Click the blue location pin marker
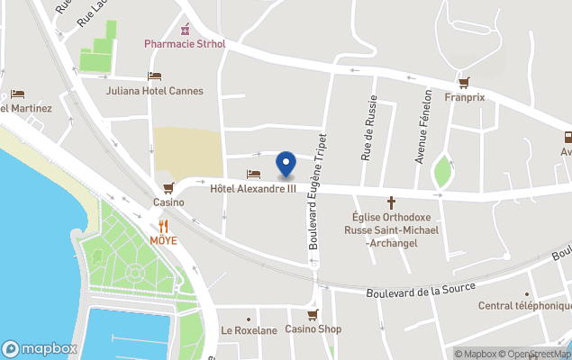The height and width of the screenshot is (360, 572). (286, 164)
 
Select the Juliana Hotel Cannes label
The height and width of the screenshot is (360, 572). (155, 91)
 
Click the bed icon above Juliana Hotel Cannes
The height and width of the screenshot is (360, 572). (155, 76)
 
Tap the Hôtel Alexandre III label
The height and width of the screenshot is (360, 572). (253, 189)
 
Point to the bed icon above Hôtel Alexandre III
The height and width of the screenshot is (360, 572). (253, 174)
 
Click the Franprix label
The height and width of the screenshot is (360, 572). (465, 97)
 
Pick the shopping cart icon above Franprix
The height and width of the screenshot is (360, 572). (464, 82)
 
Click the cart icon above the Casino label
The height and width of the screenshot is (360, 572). (168, 187)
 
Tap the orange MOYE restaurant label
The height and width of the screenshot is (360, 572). (163, 241)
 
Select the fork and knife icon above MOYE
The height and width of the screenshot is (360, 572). (163, 226)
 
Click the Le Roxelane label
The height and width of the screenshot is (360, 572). (249, 330)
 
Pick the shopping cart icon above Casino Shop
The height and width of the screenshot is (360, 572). (313, 315)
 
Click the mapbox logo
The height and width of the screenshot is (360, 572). (39, 348)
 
